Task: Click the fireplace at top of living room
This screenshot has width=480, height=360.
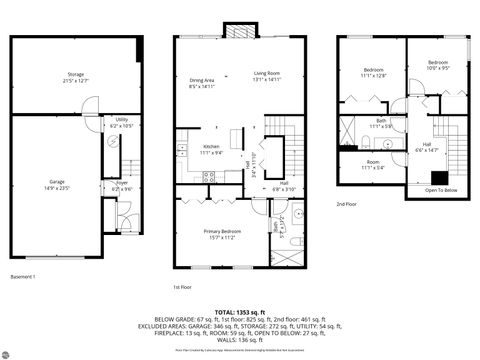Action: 239,31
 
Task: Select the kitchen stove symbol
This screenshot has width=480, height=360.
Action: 211,177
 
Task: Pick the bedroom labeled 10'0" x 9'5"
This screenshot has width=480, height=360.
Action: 439,65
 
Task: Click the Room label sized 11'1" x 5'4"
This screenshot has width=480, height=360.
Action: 373,164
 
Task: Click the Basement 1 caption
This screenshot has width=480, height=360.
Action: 23,276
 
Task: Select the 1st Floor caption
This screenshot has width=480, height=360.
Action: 183,286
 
